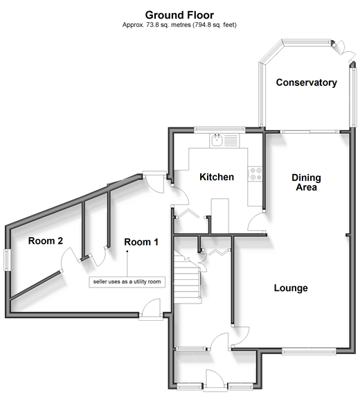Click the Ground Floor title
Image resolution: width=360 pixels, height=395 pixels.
point(179,15)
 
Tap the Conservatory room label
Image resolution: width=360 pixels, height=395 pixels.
point(307,82)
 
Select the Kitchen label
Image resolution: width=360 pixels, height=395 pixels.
point(217,177)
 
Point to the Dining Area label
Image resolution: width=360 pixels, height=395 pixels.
point(306,182)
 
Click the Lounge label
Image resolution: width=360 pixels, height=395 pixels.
point(291,288)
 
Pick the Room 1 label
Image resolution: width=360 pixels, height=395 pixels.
point(141,242)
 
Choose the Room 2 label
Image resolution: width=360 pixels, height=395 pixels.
point(46,240)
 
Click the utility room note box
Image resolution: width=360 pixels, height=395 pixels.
point(127,282)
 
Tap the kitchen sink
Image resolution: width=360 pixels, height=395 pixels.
point(217,140)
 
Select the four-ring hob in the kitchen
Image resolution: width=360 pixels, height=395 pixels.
point(255,174)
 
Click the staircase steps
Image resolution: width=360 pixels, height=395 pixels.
point(188,279)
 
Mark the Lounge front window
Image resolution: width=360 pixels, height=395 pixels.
point(309,351)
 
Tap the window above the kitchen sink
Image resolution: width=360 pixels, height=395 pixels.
point(219,130)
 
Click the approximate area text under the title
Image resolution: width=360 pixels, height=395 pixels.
point(179,25)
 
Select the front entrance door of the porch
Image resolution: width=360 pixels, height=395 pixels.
point(215,380)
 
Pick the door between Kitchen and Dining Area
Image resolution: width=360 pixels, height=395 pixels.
point(256,222)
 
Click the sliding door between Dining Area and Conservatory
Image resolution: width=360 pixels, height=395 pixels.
point(309,132)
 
